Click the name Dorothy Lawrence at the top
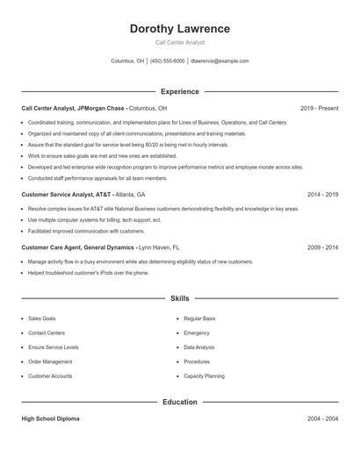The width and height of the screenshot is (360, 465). click(x=179, y=29)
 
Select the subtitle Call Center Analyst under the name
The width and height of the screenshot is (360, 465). click(x=179, y=42)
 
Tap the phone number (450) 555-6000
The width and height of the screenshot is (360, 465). click(x=167, y=61)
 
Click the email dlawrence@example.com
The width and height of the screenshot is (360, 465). click(x=220, y=61)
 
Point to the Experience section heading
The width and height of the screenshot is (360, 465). click(x=179, y=91)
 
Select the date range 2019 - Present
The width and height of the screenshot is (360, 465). click(x=319, y=108)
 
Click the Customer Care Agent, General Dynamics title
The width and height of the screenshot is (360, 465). click(x=78, y=247)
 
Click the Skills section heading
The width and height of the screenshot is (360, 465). click(x=179, y=298)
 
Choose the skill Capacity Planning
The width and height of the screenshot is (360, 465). click(x=205, y=376)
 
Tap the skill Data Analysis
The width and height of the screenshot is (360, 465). click(x=199, y=347)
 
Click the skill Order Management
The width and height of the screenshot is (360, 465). click(x=50, y=361)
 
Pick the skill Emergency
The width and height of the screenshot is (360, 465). click(x=197, y=333)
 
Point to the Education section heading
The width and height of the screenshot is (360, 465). click(x=179, y=402)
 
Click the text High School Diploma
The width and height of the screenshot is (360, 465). click(x=50, y=418)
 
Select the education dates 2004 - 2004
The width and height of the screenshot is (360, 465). click(x=322, y=418)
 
